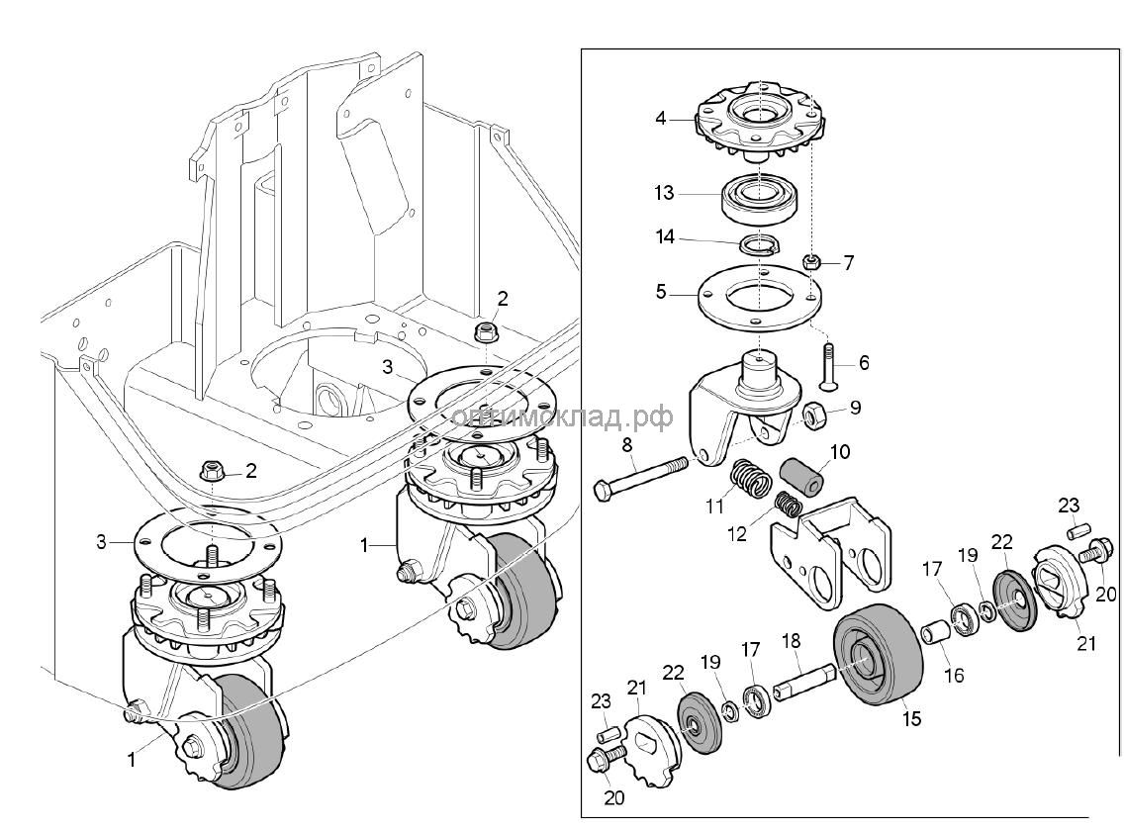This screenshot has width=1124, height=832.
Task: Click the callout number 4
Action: point(661,119)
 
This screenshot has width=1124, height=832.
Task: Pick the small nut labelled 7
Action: point(810,263)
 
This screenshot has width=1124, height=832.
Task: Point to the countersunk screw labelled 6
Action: point(828,367)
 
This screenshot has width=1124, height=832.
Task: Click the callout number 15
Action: point(911,719)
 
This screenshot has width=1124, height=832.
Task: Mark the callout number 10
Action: point(839,454)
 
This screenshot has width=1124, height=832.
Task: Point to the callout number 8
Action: point(627,447)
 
